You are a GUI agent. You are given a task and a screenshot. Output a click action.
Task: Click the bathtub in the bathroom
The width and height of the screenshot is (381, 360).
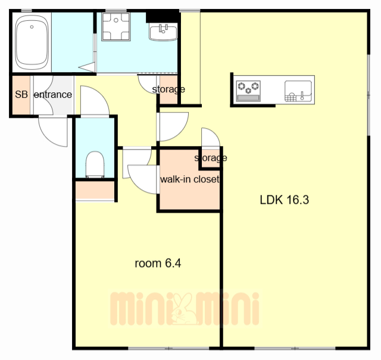pyautogui.click(x=32, y=43)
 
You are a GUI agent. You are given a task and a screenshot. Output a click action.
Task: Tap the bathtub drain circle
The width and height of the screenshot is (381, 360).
pyautogui.click(x=32, y=27)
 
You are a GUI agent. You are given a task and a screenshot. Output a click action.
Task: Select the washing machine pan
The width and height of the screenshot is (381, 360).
pyautogui.click(x=116, y=26)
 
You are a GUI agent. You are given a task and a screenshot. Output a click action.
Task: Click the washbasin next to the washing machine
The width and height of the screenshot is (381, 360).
pyautogui.click(x=163, y=32)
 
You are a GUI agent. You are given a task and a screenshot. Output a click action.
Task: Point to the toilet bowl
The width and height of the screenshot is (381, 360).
pyautogui.click(x=95, y=165)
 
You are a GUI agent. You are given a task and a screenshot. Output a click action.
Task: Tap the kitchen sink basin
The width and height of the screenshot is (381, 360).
pyautogui.click(x=298, y=91)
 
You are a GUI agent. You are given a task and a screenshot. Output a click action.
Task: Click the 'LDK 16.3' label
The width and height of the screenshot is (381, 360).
pyautogui.click(x=285, y=200)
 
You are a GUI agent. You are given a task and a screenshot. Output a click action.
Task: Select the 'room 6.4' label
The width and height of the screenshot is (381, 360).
pyautogui.click(x=158, y=263)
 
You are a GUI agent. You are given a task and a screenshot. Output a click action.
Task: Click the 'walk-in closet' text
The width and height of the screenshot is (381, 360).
pyautogui.click(x=189, y=179)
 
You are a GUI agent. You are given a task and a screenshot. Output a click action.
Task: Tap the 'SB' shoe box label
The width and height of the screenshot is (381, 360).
pyautogui.click(x=21, y=94)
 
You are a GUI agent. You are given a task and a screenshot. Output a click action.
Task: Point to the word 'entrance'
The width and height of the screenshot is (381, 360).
pyautogui.click(x=53, y=94)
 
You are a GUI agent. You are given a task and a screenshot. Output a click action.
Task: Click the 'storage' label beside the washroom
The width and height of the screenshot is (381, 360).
pyautogui.click(x=168, y=89)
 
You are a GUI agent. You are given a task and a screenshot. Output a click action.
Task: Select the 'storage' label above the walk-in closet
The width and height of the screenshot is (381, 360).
pyautogui.click(x=211, y=158)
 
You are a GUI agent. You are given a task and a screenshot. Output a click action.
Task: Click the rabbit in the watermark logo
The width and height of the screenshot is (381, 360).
pyautogui.click(x=183, y=309)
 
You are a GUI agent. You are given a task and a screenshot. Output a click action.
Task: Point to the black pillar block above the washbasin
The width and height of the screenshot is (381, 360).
pyautogui.click(x=162, y=17)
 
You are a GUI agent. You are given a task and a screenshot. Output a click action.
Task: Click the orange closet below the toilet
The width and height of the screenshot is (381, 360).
pyautogui.click(x=95, y=191)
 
